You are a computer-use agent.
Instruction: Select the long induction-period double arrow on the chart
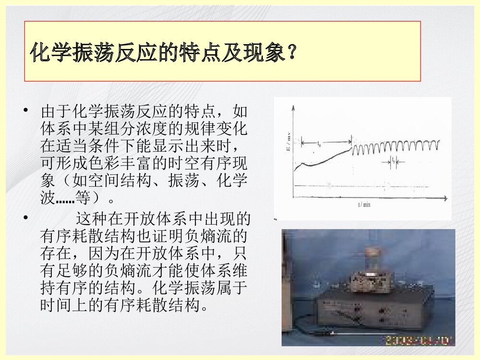pos(325,142)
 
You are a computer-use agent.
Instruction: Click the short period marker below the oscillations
pos(393,162)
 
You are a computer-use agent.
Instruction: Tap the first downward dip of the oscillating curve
pos(355,154)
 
